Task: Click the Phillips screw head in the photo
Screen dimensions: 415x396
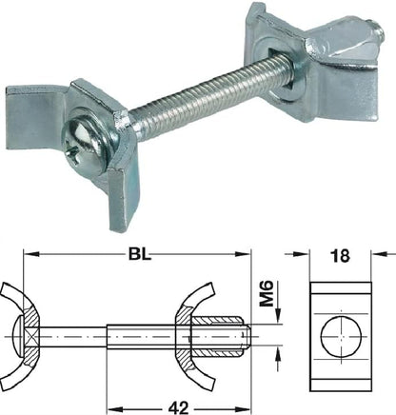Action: [x=86, y=134]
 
